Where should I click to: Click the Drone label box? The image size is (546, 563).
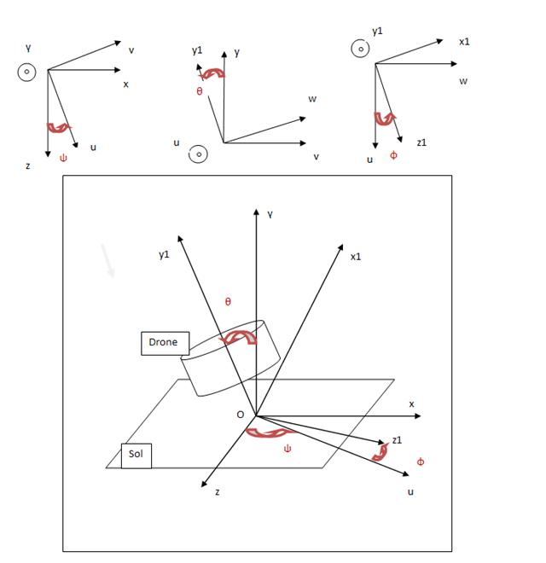click(164, 342)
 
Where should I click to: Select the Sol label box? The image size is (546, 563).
click(136, 454)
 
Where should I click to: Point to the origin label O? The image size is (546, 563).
click(240, 415)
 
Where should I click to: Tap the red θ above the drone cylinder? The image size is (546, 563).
click(228, 302)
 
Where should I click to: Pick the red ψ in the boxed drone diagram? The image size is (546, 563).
click(288, 448)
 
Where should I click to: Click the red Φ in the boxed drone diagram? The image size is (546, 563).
click(420, 461)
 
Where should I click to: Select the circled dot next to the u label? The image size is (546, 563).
click(198, 154)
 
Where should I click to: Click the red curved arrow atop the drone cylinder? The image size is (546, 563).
click(239, 339)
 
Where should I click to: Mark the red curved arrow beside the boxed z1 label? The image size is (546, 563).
click(380, 452)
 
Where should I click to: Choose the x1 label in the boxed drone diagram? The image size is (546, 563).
click(356, 256)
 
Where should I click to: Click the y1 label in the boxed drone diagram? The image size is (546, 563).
click(164, 254)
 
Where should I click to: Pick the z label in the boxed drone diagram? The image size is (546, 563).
click(217, 492)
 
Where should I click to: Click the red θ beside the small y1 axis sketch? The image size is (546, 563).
click(200, 91)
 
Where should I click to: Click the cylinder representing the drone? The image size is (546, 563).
click(230, 363)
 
